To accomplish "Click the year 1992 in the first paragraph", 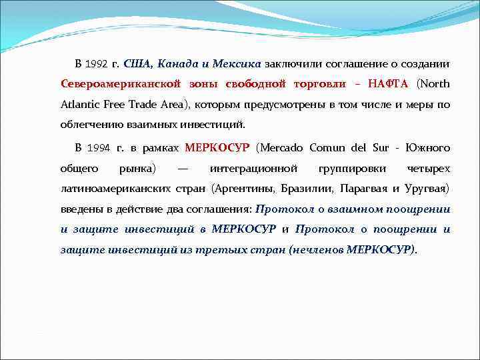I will (97, 65).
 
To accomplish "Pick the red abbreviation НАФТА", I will (388, 85).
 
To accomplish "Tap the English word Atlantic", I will (80, 105).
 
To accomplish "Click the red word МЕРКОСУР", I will (217, 147).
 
